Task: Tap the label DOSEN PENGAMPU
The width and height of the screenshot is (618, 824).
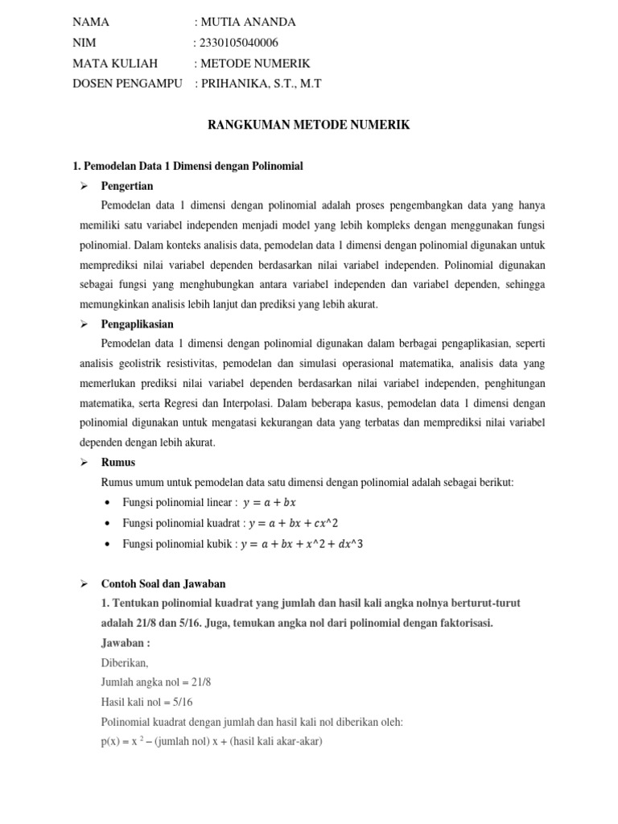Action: click(x=128, y=84)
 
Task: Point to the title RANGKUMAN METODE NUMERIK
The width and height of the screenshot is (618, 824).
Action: click(x=309, y=125)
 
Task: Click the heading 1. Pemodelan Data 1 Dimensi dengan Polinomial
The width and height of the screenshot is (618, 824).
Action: click(x=187, y=167)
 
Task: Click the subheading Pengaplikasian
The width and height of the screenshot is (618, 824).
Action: click(x=138, y=324)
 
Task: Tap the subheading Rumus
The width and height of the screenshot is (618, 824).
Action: click(x=118, y=463)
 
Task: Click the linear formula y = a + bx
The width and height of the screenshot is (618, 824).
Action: click(x=274, y=503)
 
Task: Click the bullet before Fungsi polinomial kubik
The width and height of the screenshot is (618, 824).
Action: click(x=108, y=545)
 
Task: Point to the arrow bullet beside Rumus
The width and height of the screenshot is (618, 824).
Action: click(x=83, y=463)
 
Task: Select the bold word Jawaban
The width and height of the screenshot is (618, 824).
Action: click(x=125, y=643)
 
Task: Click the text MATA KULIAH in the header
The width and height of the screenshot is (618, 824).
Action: click(x=115, y=63)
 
